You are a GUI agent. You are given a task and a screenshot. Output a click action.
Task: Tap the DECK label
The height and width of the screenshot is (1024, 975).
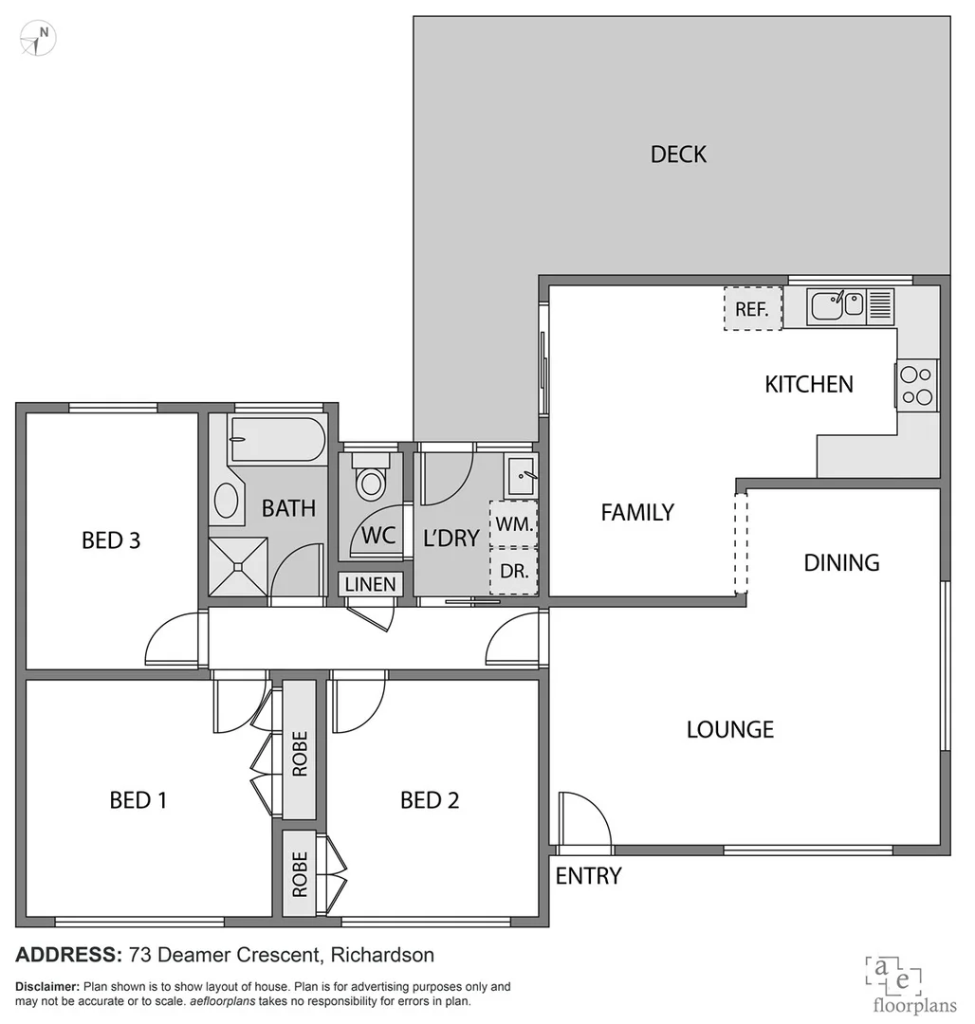[x=678, y=155]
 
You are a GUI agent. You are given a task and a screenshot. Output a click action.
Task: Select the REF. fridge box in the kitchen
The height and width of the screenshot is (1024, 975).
[x=752, y=308]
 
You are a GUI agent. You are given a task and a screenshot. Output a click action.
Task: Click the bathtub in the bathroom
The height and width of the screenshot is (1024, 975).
[x=277, y=439]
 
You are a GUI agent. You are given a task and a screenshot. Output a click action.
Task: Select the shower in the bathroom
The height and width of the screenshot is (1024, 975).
[x=238, y=567]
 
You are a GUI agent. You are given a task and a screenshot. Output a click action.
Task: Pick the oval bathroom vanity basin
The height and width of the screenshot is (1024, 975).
[x=226, y=500]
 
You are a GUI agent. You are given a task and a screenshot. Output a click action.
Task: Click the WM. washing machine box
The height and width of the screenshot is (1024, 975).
[x=513, y=523]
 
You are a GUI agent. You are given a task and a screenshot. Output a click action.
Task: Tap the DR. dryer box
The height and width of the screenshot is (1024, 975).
[x=513, y=572]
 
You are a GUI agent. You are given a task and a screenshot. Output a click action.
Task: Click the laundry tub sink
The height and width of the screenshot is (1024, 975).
[x=521, y=474]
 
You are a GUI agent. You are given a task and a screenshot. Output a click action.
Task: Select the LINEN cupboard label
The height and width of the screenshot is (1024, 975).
[x=370, y=584]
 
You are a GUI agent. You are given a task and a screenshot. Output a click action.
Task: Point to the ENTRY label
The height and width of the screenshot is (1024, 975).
[x=588, y=876]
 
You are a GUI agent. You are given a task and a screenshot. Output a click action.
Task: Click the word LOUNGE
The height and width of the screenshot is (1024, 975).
[x=729, y=729]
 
